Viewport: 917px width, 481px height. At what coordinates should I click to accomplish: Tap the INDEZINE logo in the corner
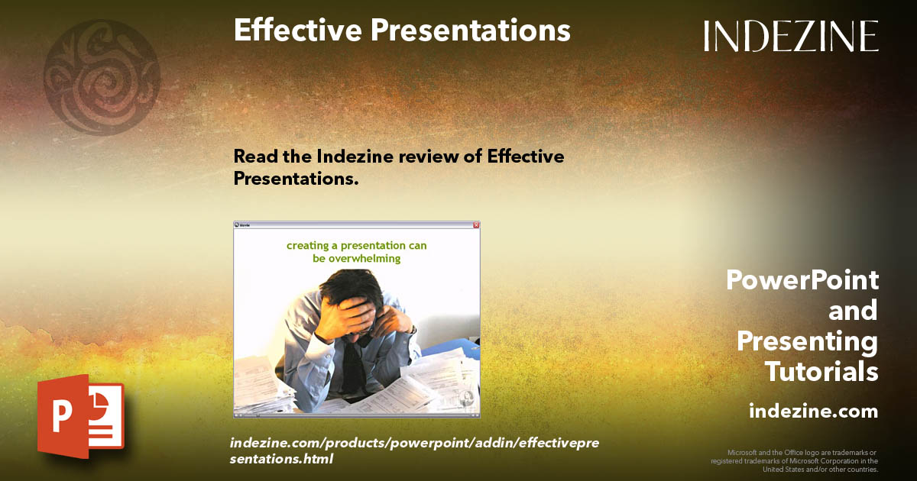[x=791, y=36]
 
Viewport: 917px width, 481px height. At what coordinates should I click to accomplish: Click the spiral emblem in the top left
[x=102, y=77]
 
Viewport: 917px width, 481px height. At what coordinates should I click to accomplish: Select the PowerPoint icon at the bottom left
[x=80, y=415]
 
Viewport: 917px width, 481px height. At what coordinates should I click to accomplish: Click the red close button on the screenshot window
[x=475, y=225]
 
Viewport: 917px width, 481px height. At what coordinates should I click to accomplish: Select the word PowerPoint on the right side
[x=802, y=280]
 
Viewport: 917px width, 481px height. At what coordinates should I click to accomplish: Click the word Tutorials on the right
[x=821, y=372]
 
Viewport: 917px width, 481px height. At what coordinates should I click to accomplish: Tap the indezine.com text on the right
[x=813, y=411]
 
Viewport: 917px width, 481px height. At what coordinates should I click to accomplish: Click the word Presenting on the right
[x=807, y=341]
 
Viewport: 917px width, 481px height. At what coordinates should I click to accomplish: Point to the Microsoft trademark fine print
[x=794, y=460]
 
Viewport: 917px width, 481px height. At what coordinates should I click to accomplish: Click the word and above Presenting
[x=853, y=311]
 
